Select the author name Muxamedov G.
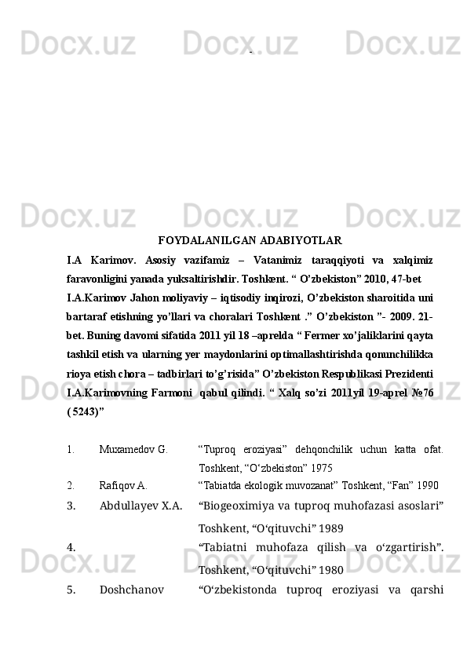[133, 450]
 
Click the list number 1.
[71, 450]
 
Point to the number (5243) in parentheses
[86, 410]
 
